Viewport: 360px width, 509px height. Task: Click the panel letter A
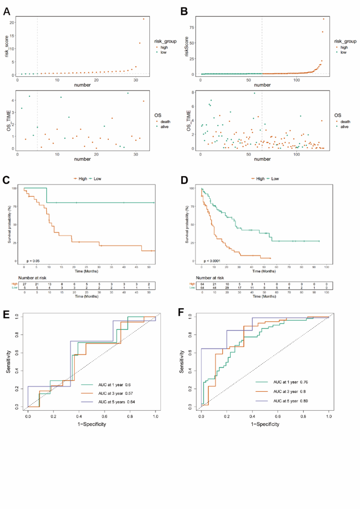click(7, 9)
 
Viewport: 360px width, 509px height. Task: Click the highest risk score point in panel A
click(143, 19)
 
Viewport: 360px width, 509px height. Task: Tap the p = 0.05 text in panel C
click(33, 260)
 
